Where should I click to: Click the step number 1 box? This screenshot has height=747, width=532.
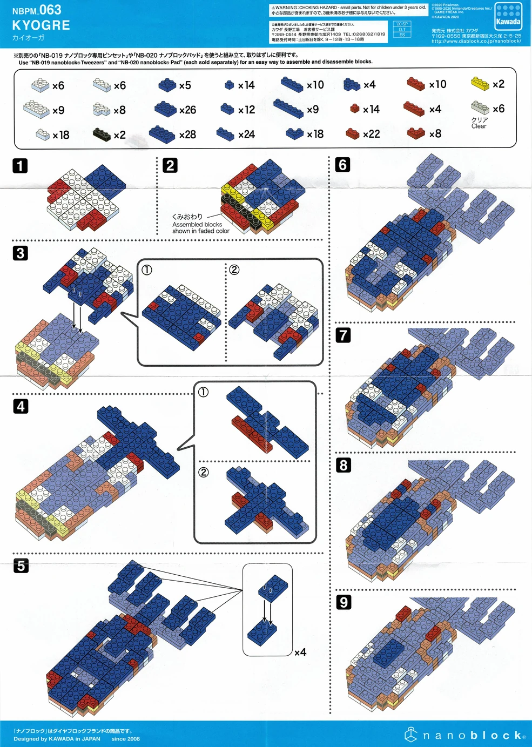pyautogui.click(x=20, y=165)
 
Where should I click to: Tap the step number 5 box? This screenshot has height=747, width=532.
pyautogui.click(x=21, y=566)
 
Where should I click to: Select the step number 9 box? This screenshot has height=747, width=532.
pyautogui.click(x=344, y=602)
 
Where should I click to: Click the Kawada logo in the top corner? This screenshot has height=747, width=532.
pyautogui.click(x=508, y=17)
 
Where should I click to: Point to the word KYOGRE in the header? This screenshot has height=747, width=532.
pyautogui.click(x=41, y=25)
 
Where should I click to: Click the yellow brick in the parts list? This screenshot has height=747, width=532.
pyautogui.click(x=480, y=83)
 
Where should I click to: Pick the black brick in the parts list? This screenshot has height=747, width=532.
pyautogui.click(x=101, y=134)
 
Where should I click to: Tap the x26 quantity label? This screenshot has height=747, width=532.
pyautogui.click(x=187, y=110)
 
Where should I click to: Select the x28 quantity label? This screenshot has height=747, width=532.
pyautogui.click(x=187, y=134)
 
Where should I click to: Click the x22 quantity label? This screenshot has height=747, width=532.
pyautogui.click(x=371, y=134)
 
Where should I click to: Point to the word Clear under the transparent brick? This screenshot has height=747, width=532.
pyautogui.click(x=479, y=126)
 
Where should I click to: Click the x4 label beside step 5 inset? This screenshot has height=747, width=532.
pyautogui.click(x=300, y=652)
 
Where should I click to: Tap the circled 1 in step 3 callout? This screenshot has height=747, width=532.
pyautogui.click(x=147, y=270)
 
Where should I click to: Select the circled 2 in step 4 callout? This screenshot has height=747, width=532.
pyautogui.click(x=204, y=472)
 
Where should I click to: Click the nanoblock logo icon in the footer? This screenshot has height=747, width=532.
pyautogui.click(x=411, y=734)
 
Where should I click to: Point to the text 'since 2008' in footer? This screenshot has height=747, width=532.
pyautogui.click(x=125, y=739)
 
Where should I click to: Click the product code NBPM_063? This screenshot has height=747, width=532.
pyautogui.click(x=37, y=10)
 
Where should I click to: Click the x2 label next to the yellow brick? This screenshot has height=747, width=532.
pyautogui.click(x=498, y=84)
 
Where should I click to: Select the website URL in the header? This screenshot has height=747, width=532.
pyautogui.click(x=476, y=41)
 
